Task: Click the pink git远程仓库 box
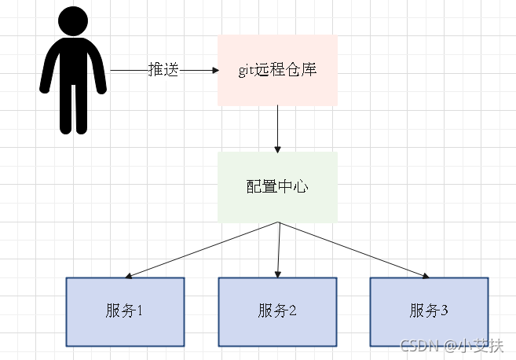(x=277, y=70)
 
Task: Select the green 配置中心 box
(x=277, y=187)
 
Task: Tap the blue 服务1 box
(x=125, y=311)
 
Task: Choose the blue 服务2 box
(x=277, y=311)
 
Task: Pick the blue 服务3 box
(x=429, y=311)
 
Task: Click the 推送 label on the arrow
(x=164, y=70)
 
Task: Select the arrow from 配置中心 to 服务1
(x=201, y=250)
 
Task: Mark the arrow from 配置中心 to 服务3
(x=353, y=250)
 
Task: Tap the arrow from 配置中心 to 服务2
(x=278, y=250)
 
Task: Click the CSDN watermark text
(x=417, y=347)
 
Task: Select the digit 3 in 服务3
(x=445, y=311)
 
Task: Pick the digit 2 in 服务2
(x=293, y=311)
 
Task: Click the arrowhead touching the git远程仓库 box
(x=214, y=70)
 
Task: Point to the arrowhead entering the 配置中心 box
(x=277, y=149)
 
